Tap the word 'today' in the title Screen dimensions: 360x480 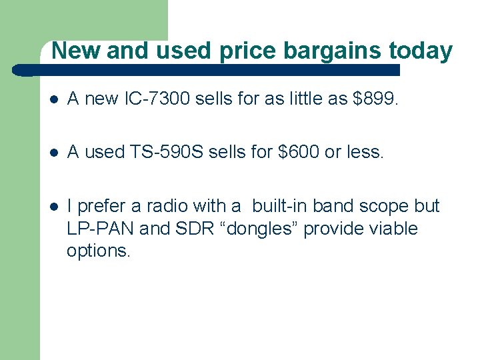click(421, 51)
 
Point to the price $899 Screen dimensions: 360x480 click(376, 99)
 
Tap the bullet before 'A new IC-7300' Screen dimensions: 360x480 click(54, 100)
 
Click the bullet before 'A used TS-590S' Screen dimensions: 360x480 click(54, 153)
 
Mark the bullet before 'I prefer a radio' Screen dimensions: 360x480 click(54, 207)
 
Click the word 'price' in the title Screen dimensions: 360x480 click(250, 51)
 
